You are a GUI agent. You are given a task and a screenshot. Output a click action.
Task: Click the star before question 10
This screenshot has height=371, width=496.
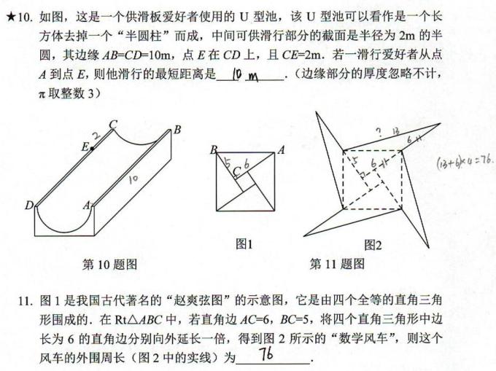coord(9,13)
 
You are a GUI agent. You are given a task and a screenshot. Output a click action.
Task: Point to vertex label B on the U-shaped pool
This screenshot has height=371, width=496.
coord(177,130)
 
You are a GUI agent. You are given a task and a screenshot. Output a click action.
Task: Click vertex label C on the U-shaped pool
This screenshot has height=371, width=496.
coord(113,125)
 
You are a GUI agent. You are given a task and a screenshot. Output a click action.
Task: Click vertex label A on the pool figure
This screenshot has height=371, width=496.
coord(86,206)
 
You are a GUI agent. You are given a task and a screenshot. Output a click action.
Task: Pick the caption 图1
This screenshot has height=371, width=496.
coord(244,245)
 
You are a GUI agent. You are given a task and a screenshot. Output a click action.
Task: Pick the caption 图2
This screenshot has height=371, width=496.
coord(373,245)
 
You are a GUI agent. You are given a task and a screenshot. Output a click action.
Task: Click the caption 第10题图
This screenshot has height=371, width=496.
coord(110,264)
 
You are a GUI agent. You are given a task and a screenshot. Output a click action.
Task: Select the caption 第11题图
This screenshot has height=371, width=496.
coord(337,264)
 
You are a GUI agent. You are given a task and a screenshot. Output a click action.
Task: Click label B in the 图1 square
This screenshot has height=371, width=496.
coord(214,150)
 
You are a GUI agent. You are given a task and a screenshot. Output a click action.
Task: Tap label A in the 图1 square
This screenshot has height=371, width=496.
coord(281,150)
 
